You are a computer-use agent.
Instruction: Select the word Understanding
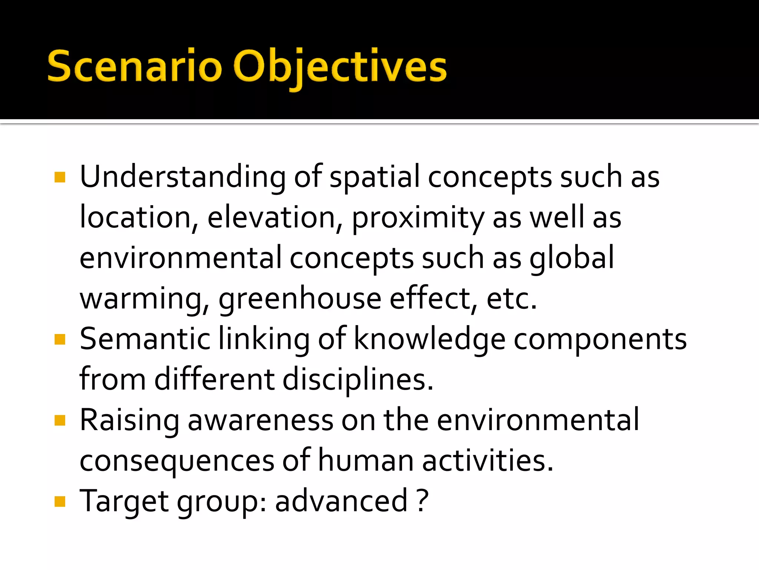[183, 177]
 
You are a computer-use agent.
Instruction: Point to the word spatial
[374, 177]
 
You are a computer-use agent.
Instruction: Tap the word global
[572, 258]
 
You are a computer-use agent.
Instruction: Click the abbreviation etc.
[511, 298]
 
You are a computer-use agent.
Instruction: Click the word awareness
[261, 420]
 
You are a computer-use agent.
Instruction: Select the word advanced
[341, 501]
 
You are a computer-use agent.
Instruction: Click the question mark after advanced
[422, 501]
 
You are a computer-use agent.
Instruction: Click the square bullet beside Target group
[60, 502]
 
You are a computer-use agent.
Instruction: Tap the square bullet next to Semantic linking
[60, 339]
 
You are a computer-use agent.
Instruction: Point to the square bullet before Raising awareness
[60, 420]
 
